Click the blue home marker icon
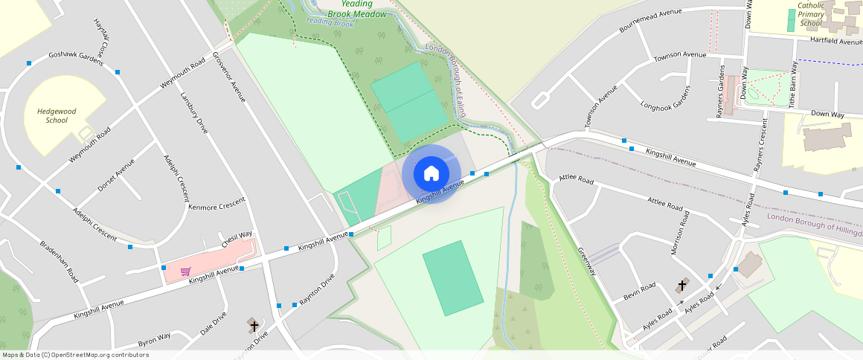point(431,174)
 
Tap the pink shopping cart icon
point(185,271)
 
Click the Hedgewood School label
point(57,115)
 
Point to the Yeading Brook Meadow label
point(359,9)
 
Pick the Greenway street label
point(587,261)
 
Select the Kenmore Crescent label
point(217,207)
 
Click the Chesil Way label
point(237,240)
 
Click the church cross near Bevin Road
point(682,286)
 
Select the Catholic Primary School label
point(811,14)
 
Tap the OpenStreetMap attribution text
point(75,355)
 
